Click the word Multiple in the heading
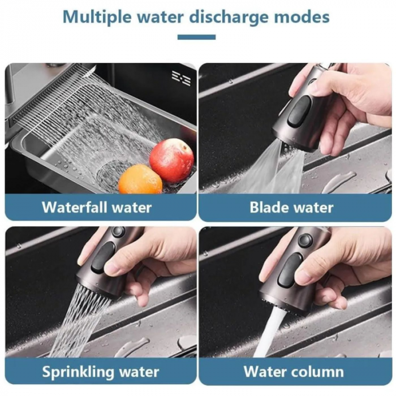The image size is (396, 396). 97,18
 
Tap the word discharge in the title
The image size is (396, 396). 229,18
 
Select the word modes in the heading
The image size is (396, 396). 302,16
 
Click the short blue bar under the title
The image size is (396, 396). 196,37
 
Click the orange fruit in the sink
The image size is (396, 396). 140,180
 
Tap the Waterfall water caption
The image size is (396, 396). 97,208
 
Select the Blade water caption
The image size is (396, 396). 291,208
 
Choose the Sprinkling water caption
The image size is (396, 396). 101,372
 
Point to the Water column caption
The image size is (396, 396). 294,372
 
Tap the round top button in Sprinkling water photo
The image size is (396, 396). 118,231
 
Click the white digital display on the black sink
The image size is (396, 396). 181,78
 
